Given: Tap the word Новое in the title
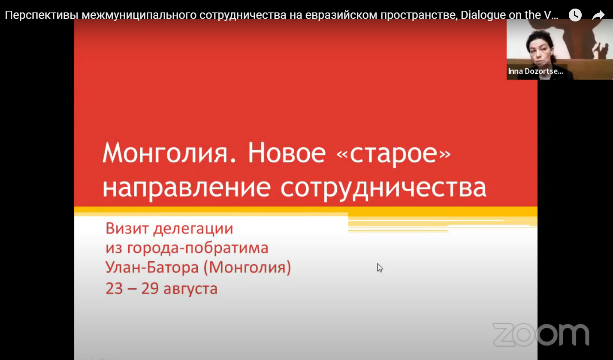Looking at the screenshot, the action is [287, 153].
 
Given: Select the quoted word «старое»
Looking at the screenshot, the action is [393, 154].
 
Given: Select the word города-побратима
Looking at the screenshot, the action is [198, 248].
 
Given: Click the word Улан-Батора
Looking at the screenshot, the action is [152, 267].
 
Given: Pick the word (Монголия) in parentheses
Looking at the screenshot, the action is [248, 268].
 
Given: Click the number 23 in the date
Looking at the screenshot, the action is [114, 288].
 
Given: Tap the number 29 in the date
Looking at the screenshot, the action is [150, 288].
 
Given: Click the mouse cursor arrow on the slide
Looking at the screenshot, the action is [380, 268].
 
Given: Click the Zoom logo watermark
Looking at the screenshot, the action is [541, 335].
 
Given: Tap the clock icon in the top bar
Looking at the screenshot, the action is [575, 15].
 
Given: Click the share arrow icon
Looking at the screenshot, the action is [598, 15].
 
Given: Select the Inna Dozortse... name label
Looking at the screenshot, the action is [535, 72].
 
